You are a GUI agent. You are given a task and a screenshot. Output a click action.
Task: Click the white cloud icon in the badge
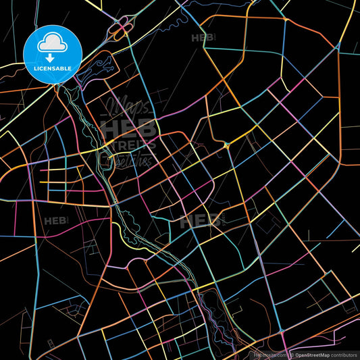click(x=53, y=42)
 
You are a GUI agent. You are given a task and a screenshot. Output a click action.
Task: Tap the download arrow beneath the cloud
click(x=53, y=57)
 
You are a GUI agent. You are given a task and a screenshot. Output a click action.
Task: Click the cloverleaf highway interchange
click(x=120, y=30)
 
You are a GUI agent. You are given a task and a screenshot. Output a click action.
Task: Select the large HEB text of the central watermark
click(x=128, y=128)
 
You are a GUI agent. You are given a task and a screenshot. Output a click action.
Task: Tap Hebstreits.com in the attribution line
click(x=267, y=354)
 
